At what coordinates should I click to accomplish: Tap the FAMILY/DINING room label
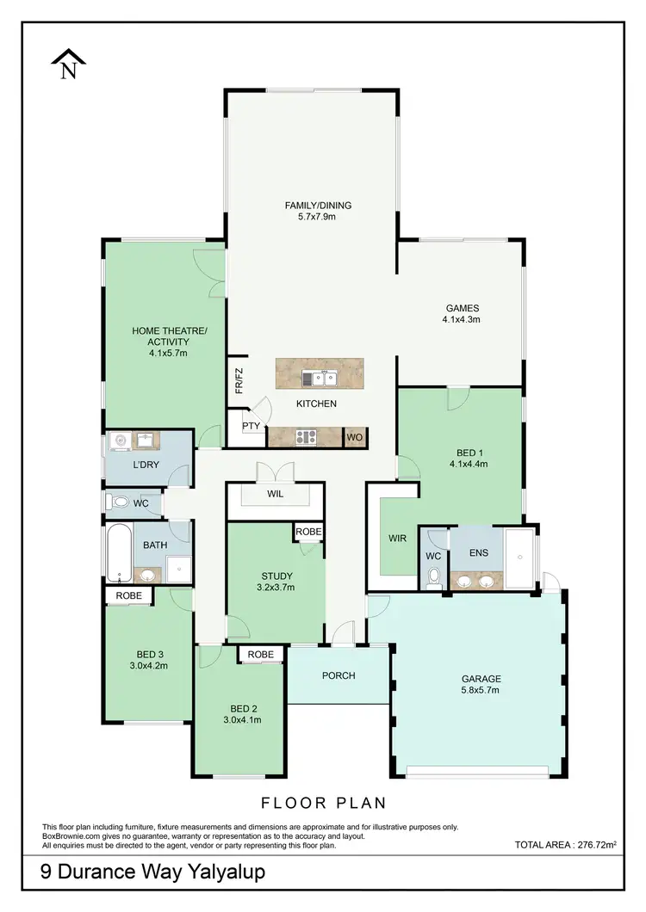318,206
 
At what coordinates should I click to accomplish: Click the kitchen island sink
325,377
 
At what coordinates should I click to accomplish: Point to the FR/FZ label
239,379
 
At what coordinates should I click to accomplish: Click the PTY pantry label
251,426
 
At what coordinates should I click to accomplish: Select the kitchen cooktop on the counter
306,436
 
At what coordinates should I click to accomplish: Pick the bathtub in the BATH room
118,554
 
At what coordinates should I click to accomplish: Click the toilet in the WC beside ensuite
435,575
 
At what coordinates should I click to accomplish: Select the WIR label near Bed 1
397,538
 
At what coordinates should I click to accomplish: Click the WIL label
276,495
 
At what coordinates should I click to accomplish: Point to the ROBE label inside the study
308,533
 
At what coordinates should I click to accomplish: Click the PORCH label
339,675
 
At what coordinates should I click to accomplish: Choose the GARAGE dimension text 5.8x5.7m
480,690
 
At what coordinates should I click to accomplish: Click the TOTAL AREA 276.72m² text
566,846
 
